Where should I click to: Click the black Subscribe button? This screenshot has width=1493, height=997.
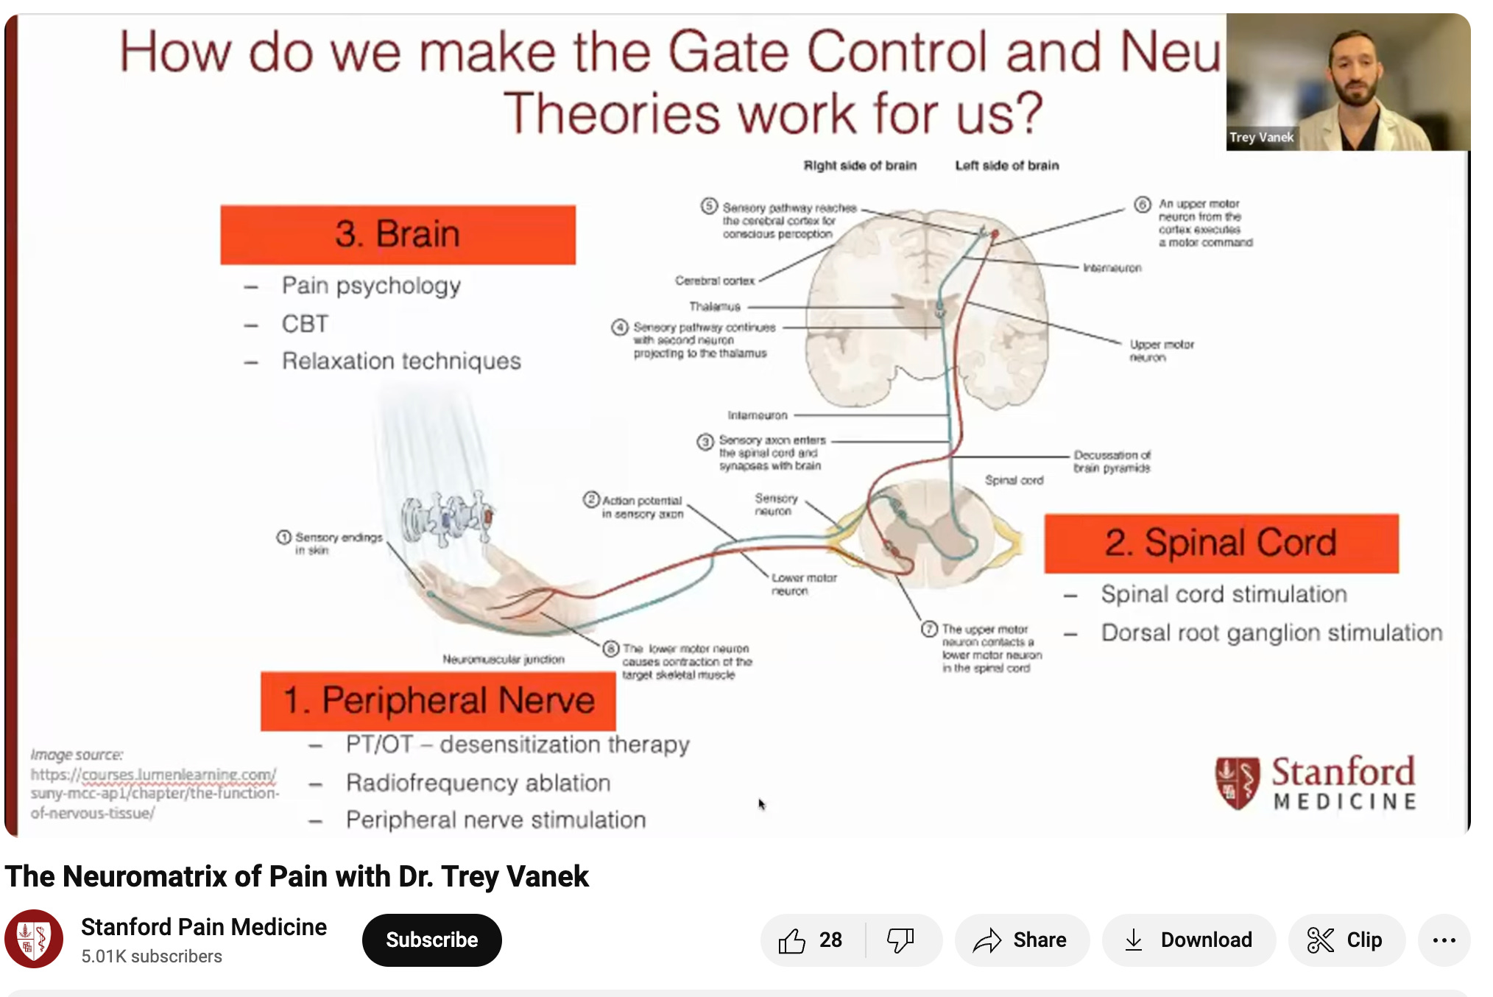(x=431, y=940)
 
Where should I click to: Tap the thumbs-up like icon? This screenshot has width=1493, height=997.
(x=793, y=940)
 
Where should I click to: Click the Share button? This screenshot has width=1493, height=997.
(x=1021, y=940)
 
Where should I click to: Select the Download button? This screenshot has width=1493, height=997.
(x=1188, y=940)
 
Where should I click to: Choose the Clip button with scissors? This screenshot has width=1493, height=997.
(x=1345, y=940)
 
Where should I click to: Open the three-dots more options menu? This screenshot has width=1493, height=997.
(x=1444, y=940)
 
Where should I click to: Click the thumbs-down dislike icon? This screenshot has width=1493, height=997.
(x=900, y=940)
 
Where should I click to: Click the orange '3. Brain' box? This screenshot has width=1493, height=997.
(x=398, y=234)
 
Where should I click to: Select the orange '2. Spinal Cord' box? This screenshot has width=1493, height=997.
(x=1221, y=543)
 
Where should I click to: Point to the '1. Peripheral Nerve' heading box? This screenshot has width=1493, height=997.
(x=438, y=700)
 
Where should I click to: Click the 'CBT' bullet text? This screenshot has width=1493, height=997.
(x=305, y=324)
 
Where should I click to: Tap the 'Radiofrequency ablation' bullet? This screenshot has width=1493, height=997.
(x=478, y=783)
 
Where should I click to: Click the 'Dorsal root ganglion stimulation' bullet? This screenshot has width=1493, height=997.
(x=1271, y=633)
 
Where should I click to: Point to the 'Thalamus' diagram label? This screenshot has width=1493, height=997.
(x=714, y=306)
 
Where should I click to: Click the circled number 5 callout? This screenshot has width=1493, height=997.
(x=708, y=205)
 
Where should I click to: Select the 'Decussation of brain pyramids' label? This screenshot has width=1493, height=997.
(x=1111, y=461)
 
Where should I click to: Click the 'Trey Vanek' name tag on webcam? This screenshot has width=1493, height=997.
(x=1260, y=138)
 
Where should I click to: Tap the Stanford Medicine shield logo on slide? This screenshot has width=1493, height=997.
(x=1237, y=782)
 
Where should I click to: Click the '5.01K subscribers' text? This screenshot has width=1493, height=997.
(x=151, y=957)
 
